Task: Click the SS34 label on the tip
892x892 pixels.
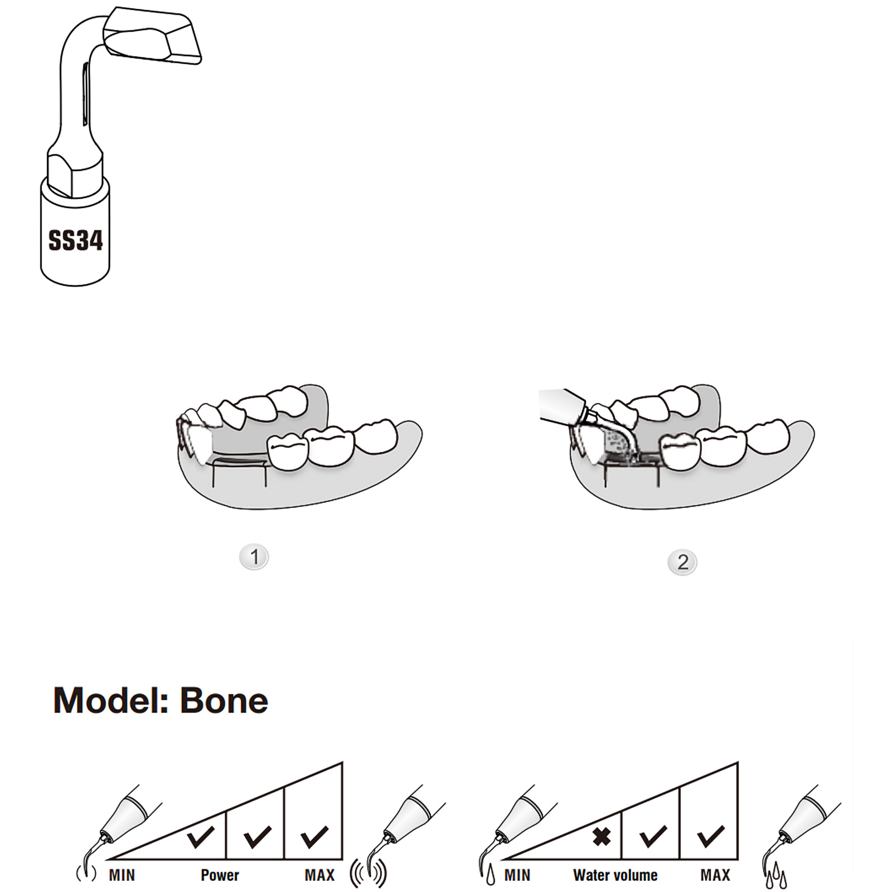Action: point(75,240)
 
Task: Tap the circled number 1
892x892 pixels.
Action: point(254,557)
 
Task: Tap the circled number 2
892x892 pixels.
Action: point(682,562)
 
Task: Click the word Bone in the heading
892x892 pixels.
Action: point(224,701)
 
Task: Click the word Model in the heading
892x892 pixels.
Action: point(110,701)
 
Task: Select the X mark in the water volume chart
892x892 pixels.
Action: point(601,836)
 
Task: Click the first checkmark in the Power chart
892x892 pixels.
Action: point(200,836)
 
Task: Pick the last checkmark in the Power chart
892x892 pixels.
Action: point(314,836)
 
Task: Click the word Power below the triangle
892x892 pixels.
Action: point(220,875)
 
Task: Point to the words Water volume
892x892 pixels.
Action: point(615,875)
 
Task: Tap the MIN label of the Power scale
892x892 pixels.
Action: point(122,875)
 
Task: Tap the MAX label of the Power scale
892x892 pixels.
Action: point(319,875)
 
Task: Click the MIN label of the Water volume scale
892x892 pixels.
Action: point(517,875)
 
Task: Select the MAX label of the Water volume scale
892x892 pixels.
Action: point(715,875)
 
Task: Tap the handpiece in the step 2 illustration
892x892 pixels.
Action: point(563,404)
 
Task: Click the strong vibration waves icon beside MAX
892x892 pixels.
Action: point(368,874)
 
